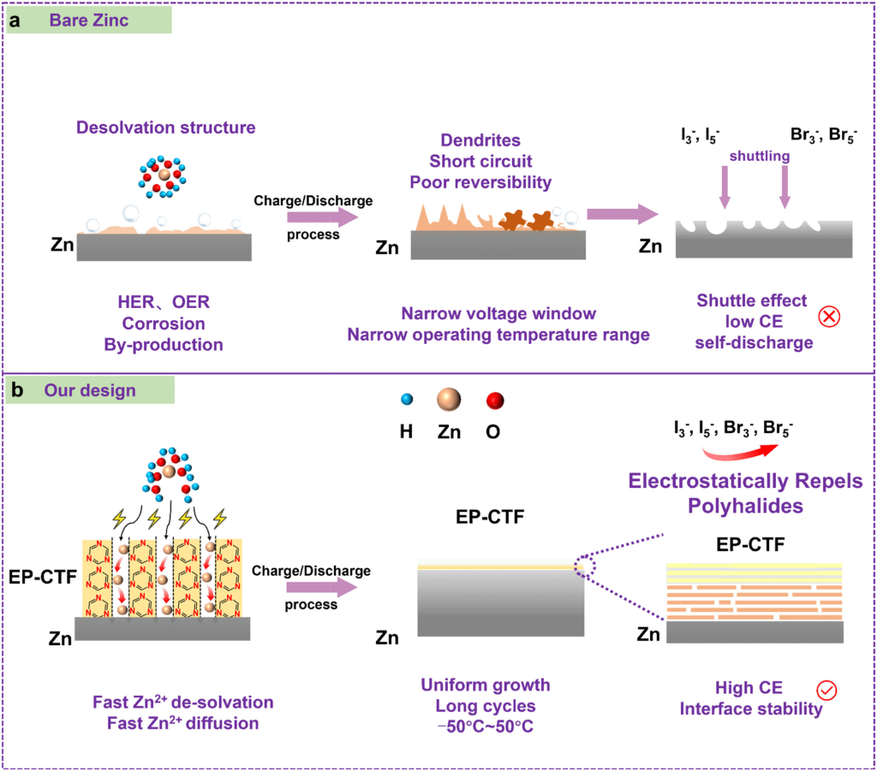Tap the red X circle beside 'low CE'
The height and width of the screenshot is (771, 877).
coord(829,317)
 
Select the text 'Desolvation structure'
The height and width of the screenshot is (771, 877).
coord(165,128)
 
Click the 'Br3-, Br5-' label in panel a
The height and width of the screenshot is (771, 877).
coord(823,135)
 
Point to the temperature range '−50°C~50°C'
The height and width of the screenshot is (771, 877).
coord(485,727)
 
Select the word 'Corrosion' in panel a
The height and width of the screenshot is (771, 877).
coord(164,324)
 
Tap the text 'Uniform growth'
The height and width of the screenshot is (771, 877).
coord(485,685)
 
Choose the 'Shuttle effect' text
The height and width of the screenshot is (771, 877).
coord(751,300)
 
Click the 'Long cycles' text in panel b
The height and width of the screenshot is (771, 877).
coord(485,706)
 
